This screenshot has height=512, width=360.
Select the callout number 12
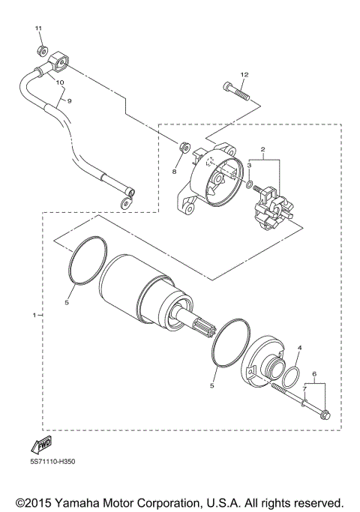click(x=244, y=75)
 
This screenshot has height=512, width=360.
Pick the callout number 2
click(x=262, y=150)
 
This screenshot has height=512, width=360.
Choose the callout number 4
click(x=298, y=349)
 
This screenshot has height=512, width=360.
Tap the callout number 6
click(x=314, y=373)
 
